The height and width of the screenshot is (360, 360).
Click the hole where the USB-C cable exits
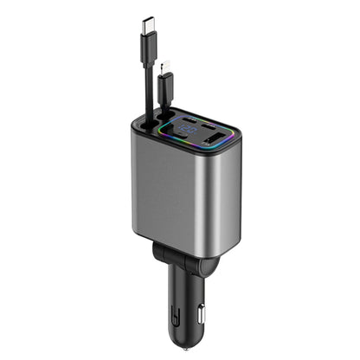(147, 121)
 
